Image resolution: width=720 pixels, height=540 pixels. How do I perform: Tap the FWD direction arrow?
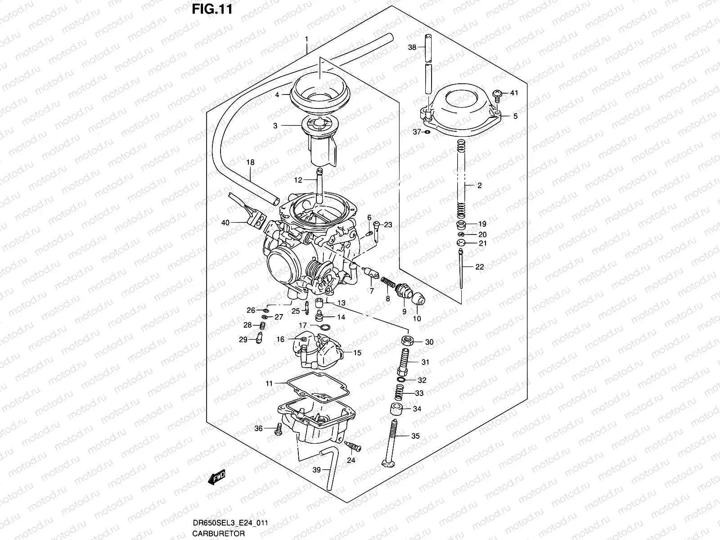216,477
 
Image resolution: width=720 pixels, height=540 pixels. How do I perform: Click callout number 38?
412,47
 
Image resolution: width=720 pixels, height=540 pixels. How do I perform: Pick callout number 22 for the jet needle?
479,267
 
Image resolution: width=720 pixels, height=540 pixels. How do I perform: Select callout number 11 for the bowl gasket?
269,383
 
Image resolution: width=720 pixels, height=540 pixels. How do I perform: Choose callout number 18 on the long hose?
251,162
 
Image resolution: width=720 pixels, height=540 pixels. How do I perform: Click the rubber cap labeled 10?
418,299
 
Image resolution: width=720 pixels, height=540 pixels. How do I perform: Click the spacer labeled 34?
396,409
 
